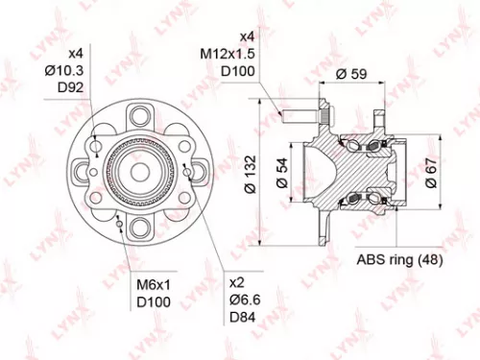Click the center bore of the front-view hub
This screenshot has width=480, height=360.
pos(142,173)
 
